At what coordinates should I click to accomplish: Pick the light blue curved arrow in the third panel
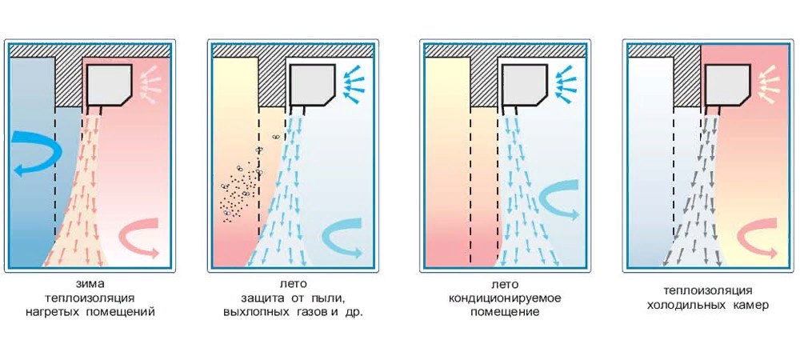[557, 202]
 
